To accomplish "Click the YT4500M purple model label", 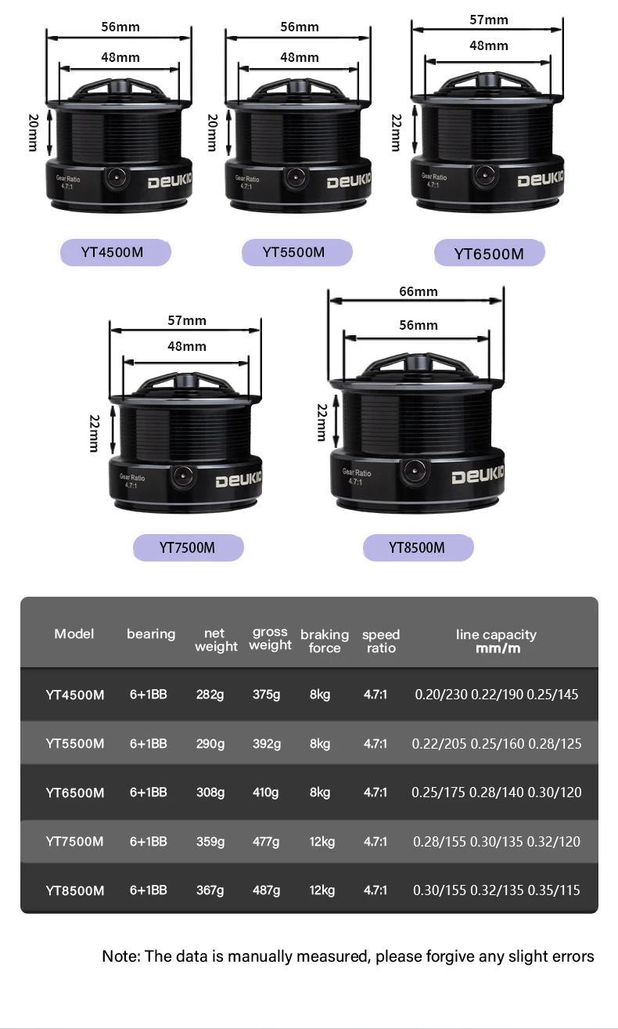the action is (x=116, y=252).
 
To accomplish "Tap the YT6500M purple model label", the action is (x=490, y=253).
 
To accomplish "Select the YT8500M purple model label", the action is (x=418, y=547).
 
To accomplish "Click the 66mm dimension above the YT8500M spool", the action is (x=419, y=291).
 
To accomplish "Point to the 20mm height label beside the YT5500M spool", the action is (x=213, y=133).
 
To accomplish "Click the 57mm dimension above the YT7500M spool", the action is (x=187, y=320).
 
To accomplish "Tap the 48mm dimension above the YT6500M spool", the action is (x=489, y=46).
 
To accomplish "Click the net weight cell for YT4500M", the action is (x=210, y=694).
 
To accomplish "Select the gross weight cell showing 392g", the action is (x=267, y=744).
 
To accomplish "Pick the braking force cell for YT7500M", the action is (x=322, y=842).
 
